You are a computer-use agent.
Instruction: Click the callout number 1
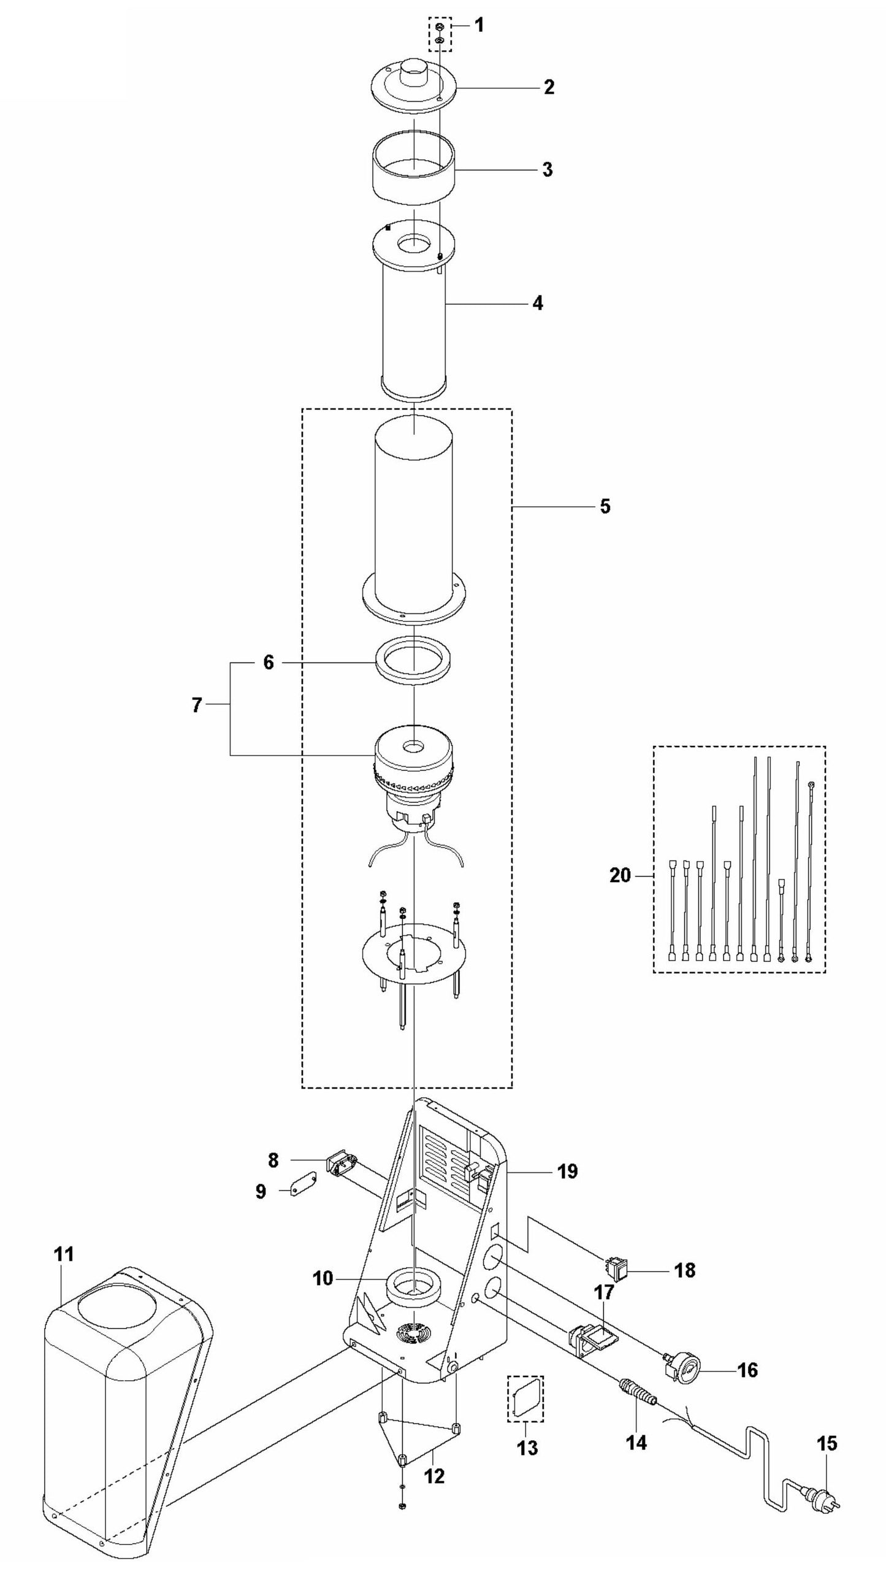[479, 25]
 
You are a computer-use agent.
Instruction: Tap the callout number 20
[620, 875]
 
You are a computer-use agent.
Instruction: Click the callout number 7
[196, 705]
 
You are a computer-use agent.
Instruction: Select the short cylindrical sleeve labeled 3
[414, 171]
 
